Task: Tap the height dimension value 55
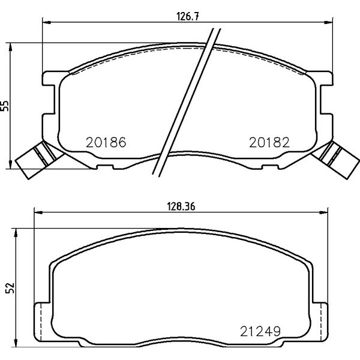tap(6, 105)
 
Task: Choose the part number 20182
tap(269, 143)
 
